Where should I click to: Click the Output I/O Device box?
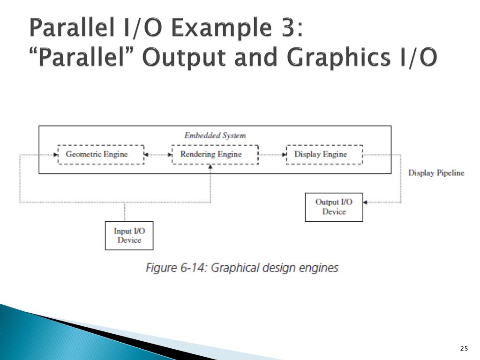(334, 207)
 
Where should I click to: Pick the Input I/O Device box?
(129, 235)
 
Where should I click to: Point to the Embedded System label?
(215, 135)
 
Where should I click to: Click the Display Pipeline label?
(436, 173)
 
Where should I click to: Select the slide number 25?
(464, 348)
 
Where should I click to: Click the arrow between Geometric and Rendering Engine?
(157, 154)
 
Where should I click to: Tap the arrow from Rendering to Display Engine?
(272, 154)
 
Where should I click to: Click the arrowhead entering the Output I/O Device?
(366, 202)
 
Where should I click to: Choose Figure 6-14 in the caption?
(176, 268)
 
